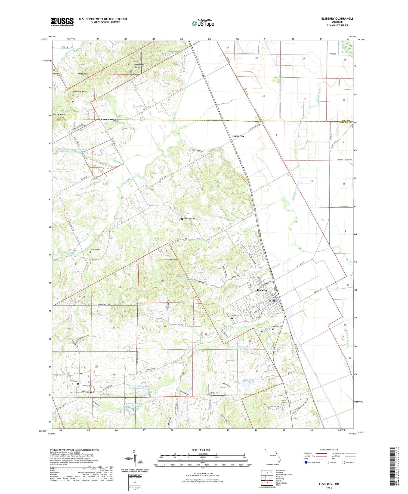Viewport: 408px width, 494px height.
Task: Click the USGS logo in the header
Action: tap(62, 22)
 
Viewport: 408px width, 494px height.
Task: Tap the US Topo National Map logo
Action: tap(203, 23)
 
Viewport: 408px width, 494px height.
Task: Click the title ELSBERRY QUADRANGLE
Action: tap(337, 19)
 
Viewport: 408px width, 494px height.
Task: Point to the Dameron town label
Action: tap(238, 136)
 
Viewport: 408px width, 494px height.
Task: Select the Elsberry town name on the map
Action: tap(262, 290)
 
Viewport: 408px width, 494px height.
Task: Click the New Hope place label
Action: tap(87, 392)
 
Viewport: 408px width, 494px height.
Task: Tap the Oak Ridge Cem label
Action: tap(190, 219)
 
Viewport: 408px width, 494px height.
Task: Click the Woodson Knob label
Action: tap(79, 92)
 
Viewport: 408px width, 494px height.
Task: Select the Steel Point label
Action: tap(83, 74)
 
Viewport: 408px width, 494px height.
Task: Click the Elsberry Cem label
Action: tap(237, 316)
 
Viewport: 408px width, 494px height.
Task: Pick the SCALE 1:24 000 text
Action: tap(202, 450)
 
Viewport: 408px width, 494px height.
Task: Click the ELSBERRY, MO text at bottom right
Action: tap(329, 484)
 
